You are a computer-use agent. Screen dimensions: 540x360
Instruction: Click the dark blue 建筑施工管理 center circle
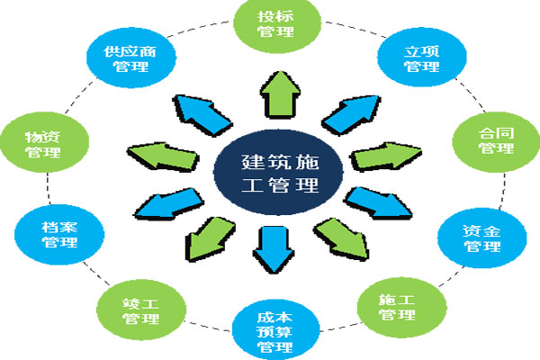[x=278, y=172]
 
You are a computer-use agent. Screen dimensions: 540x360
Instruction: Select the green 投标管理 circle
[x=277, y=25]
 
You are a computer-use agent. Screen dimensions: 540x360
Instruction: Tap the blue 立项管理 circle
[x=422, y=58]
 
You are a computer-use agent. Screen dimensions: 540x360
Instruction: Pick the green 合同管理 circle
[x=496, y=142]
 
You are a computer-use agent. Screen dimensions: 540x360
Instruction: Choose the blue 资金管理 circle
[x=482, y=238]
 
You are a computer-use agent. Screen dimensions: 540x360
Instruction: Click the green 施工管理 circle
[x=402, y=307]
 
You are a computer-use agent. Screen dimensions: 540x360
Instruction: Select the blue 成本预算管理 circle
[x=276, y=330]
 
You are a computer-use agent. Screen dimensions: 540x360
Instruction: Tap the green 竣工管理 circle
[x=141, y=310]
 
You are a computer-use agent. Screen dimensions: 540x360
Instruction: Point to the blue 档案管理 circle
[x=59, y=235]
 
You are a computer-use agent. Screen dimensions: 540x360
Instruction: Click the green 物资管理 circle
[x=44, y=142]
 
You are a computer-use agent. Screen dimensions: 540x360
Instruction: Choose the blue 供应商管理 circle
[x=131, y=58]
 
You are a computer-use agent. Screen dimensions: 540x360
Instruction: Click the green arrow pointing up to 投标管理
[x=280, y=94]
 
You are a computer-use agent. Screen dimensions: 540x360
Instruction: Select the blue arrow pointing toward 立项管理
[x=351, y=115]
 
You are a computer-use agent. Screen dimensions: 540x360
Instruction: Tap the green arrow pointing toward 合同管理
[x=386, y=157]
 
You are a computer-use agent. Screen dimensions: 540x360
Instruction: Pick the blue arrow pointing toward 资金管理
[x=378, y=203]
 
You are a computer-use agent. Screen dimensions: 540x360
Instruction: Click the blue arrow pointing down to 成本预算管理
[x=274, y=249]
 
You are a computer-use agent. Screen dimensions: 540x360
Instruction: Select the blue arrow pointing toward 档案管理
[x=169, y=204]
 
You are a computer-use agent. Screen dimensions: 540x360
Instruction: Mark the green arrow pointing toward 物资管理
[x=163, y=157]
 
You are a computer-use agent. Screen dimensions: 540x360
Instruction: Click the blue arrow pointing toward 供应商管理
[x=202, y=114]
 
